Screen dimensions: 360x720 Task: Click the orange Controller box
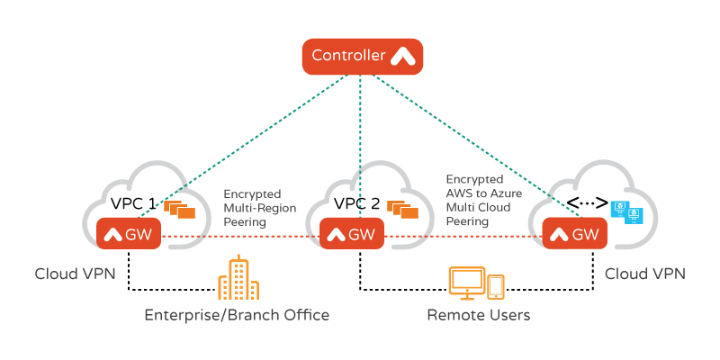361,57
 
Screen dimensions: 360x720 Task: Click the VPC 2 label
356,203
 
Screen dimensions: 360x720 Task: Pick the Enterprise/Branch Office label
237,315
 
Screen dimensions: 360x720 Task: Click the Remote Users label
478,315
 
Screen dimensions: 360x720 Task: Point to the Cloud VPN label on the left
75,273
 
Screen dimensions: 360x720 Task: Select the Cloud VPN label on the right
645,273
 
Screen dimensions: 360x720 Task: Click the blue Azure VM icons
626,212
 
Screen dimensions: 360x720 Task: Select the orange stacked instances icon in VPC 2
402,209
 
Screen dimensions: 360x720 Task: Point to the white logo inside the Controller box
401,57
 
